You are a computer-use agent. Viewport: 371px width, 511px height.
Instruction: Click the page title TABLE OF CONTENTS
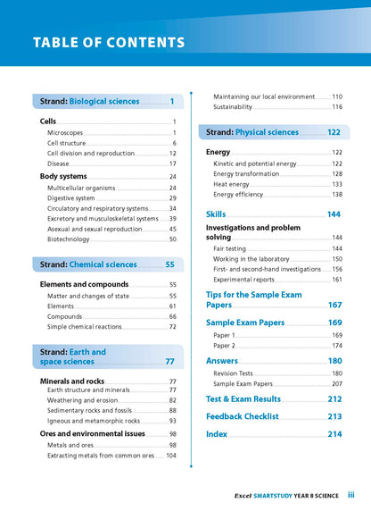tap(108, 42)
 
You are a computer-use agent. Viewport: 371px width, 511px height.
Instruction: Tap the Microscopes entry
tap(65, 132)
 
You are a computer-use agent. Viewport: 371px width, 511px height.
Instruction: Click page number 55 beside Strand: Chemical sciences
tap(169, 264)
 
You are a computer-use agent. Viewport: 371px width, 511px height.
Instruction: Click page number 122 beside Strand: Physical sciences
tap(334, 132)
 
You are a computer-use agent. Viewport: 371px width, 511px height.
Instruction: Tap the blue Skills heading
tap(216, 214)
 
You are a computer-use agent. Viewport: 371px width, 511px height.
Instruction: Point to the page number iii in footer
tap(351, 493)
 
